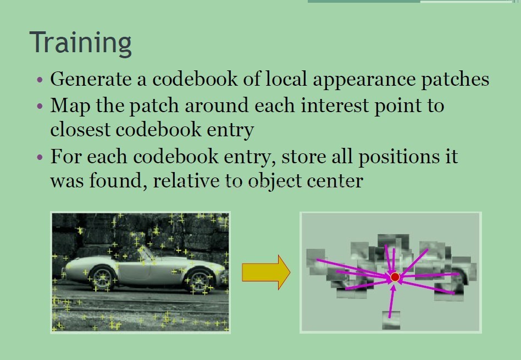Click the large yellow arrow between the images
266,273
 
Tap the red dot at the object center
395,277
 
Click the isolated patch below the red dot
391,320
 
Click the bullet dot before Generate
40,80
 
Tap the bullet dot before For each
40,157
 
